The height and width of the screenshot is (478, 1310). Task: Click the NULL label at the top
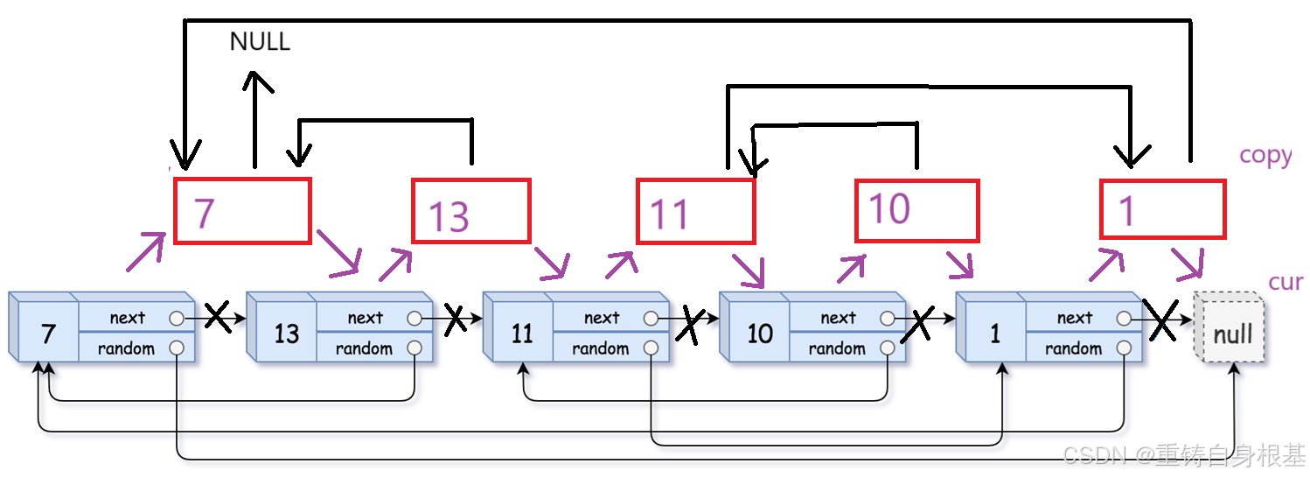[x=259, y=41]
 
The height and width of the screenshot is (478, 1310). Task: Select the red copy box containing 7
[x=242, y=211]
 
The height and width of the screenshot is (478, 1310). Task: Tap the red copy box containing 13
[x=470, y=211]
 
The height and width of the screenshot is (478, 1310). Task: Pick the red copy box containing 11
[x=695, y=211]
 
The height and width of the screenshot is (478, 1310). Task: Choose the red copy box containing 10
[x=916, y=211]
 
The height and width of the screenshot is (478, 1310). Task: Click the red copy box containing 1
[x=1161, y=209]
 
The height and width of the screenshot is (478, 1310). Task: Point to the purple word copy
[x=1265, y=155]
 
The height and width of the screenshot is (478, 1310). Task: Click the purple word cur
[x=1285, y=282]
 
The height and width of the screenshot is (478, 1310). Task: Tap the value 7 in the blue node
[x=48, y=334]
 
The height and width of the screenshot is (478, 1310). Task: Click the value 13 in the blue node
[x=286, y=334]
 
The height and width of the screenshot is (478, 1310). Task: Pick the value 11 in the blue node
[x=522, y=334]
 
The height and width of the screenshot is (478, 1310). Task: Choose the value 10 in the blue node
[x=759, y=334]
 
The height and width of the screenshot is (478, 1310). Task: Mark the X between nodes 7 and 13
[x=217, y=318]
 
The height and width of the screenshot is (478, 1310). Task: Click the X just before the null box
[x=1162, y=322]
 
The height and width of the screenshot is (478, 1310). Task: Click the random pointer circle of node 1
[x=1124, y=348]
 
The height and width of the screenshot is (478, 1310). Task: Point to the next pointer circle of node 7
[x=178, y=318]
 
